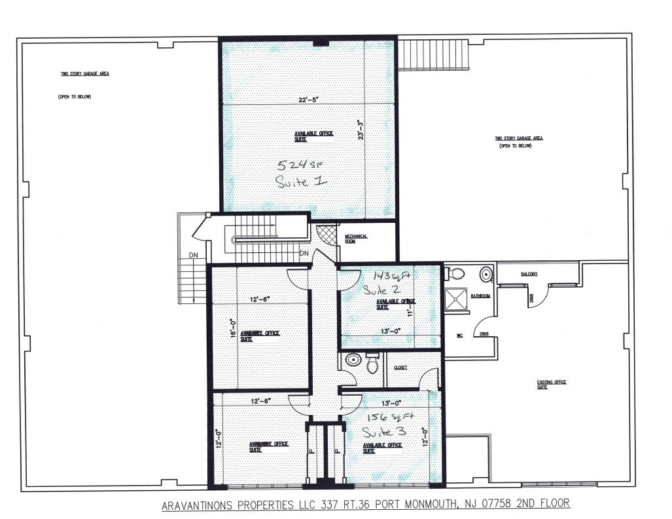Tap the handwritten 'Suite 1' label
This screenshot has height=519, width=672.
pos(302,182)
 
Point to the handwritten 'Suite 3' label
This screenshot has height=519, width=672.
pos(385,432)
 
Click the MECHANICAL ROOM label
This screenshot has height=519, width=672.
pos(357,238)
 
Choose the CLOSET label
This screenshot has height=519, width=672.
pos(400,368)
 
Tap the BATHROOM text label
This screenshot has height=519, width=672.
pos(481,296)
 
